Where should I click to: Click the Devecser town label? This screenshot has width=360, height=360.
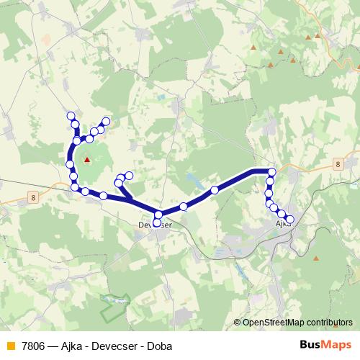(154, 225)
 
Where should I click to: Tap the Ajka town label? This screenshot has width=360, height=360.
(283, 224)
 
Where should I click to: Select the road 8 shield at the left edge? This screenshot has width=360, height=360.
(33, 196)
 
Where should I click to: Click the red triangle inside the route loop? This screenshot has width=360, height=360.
(87, 160)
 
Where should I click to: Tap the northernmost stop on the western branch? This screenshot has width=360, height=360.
(71, 116)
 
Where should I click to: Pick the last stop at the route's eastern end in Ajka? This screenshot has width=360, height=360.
(290, 219)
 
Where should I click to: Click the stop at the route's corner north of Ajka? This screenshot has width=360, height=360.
(271, 171)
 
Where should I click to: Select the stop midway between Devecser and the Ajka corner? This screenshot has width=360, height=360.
(215, 190)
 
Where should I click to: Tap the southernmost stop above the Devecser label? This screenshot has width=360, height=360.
(157, 222)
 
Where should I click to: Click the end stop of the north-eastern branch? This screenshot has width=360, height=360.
(107, 121)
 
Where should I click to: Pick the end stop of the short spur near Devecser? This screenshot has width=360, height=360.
(130, 175)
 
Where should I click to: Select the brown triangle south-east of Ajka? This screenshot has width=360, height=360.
(316, 258)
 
